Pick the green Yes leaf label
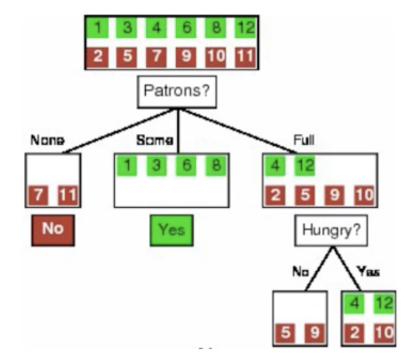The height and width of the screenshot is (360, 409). (x=171, y=229)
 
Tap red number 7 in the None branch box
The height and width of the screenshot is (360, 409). (x=40, y=196)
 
